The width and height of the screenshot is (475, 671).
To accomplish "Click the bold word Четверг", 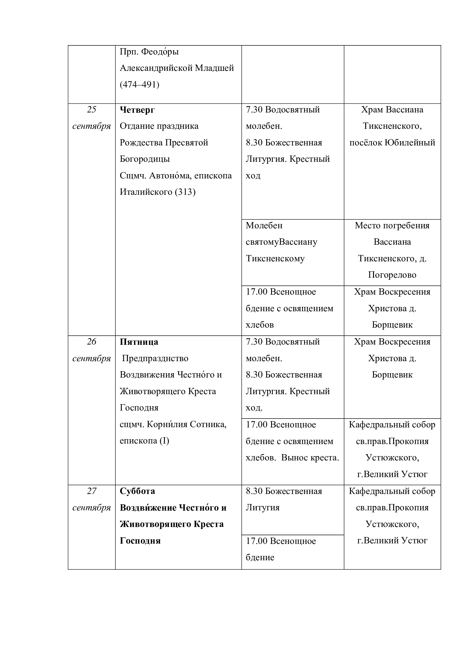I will point(137,110).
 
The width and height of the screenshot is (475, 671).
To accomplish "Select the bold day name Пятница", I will point(139,342).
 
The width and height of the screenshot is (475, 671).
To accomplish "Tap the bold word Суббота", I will point(137,491).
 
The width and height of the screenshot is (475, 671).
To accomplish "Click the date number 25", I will point(92,110).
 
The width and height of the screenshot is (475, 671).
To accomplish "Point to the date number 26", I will point(92,342).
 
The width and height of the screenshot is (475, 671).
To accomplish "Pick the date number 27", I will point(92,491).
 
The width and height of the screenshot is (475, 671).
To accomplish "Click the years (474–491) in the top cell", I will point(140,85).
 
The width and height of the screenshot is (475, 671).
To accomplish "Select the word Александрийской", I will point(156,68).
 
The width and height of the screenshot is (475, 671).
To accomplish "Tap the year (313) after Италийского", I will point(185,192).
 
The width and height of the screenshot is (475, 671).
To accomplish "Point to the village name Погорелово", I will point(392,275).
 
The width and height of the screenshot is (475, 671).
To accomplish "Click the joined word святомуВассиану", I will point(281,242).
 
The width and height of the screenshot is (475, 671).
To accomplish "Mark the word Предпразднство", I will point(155,358).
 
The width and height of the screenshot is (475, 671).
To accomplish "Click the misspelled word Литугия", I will point(263,508).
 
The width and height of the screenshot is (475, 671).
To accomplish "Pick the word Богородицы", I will point(145,159).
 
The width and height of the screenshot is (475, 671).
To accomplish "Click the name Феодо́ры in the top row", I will point(160,52).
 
